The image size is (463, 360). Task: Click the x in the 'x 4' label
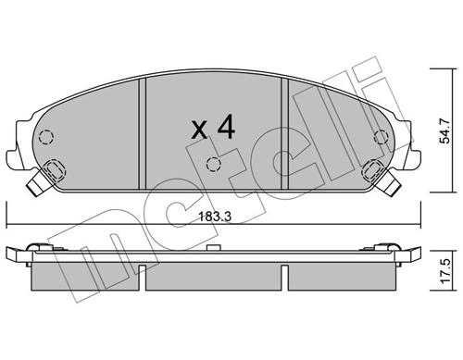197,130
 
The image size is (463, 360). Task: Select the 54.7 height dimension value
446,124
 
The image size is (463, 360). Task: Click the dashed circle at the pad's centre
213,167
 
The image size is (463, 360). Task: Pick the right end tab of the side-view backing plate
414,253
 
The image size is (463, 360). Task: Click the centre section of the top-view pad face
213,106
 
